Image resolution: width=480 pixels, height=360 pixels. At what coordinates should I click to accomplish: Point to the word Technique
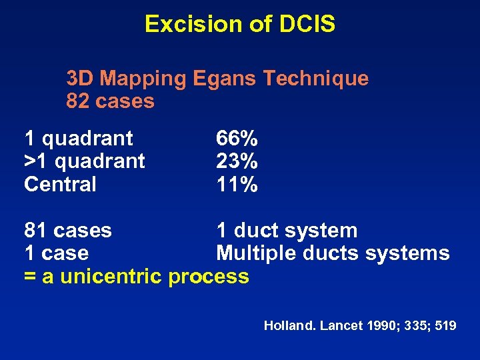315,79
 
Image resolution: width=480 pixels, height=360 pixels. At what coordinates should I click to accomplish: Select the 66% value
237,139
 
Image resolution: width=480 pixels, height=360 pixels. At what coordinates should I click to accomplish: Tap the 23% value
237,161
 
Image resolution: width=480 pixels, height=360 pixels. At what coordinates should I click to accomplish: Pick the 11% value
237,184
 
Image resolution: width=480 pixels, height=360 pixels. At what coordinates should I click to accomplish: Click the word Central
60,184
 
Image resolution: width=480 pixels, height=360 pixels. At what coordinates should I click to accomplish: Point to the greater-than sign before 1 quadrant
30,161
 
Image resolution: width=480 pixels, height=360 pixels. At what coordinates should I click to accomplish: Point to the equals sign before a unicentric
30,276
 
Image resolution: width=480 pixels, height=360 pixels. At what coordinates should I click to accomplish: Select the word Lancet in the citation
339,326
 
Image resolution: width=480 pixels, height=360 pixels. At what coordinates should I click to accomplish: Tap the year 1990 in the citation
379,326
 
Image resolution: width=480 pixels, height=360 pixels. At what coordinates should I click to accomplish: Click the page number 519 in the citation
445,326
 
